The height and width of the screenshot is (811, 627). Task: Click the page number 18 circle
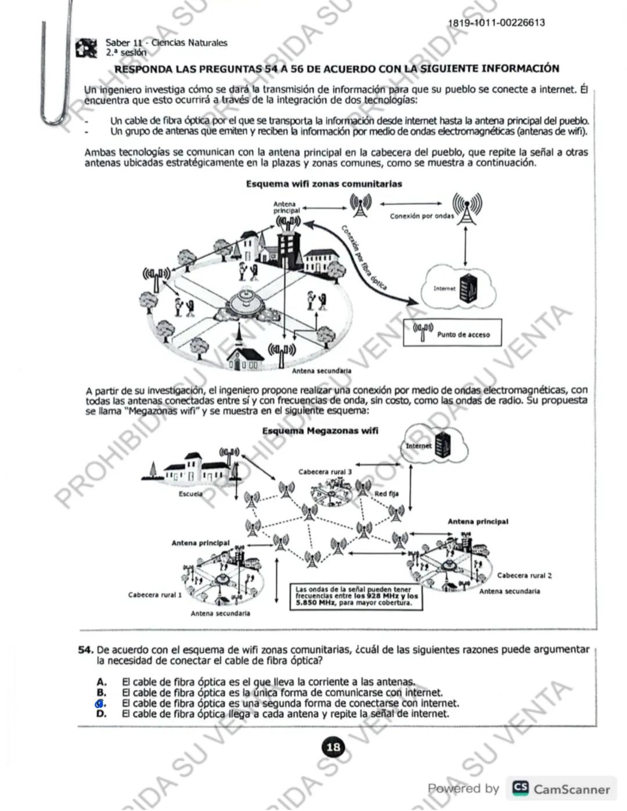click(333, 747)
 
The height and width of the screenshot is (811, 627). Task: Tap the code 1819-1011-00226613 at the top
click(496, 23)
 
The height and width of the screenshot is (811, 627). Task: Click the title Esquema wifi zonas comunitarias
click(324, 184)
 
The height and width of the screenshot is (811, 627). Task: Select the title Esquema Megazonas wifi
click(320, 431)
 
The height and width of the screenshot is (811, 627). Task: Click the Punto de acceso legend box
click(452, 333)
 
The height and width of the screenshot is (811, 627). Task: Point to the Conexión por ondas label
click(421, 216)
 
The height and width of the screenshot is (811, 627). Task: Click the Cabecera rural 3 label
click(325, 472)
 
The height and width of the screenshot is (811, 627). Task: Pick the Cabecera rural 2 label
click(524, 575)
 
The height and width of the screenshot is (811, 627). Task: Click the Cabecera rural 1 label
click(155, 594)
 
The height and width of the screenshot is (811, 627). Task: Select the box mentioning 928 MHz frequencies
click(356, 596)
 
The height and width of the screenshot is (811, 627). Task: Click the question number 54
click(86, 650)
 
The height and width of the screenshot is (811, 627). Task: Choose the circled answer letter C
click(101, 703)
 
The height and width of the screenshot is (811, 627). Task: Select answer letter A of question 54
click(102, 682)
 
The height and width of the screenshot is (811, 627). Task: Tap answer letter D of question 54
click(102, 714)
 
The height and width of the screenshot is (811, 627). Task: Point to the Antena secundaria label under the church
click(321, 370)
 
